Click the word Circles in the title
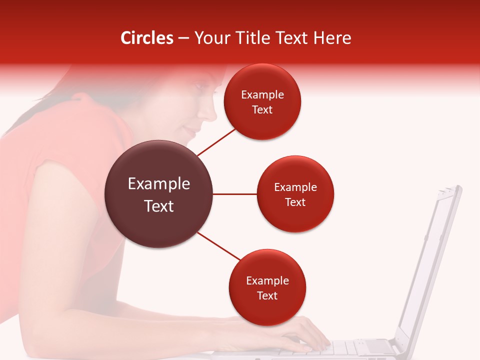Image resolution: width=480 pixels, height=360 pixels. point(147,38)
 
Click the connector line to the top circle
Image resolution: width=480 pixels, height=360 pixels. point(216,142)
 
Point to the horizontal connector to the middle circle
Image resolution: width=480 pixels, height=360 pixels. point(235,194)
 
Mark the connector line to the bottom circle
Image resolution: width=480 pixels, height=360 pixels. point(219,246)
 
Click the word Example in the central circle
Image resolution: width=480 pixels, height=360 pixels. point(159,184)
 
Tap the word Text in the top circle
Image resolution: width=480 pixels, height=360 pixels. point(262,110)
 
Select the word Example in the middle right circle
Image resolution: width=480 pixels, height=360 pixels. point(295,187)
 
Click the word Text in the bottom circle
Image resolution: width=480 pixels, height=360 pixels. point(267,296)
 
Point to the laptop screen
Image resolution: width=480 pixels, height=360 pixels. point(430,260)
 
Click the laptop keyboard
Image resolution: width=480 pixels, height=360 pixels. point(350,347)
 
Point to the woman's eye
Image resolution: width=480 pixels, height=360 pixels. point(199,86)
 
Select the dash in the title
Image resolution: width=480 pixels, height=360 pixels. point(183,38)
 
